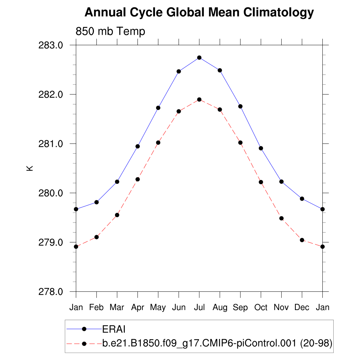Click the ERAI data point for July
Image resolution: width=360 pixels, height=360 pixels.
(x=199, y=58)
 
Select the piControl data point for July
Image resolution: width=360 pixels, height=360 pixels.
(x=199, y=99)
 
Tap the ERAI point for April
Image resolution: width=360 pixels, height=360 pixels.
(x=138, y=146)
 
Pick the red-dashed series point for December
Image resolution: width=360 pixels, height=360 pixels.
(x=302, y=240)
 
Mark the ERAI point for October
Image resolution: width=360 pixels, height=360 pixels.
(x=261, y=148)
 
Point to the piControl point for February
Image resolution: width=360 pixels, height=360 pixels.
(x=97, y=237)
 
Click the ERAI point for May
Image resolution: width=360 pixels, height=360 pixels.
(x=158, y=108)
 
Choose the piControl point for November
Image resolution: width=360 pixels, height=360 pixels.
(x=281, y=218)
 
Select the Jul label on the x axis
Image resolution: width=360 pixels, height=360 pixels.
(x=199, y=308)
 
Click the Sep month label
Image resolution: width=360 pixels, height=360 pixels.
(x=240, y=308)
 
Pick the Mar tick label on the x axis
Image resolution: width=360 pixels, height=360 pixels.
(x=117, y=308)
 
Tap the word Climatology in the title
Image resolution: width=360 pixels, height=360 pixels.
(x=275, y=13)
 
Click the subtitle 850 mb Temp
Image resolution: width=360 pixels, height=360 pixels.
(x=110, y=32)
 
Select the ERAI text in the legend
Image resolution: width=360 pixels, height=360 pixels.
(x=114, y=329)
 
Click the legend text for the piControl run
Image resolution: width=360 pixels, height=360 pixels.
(x=217, y=343)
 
